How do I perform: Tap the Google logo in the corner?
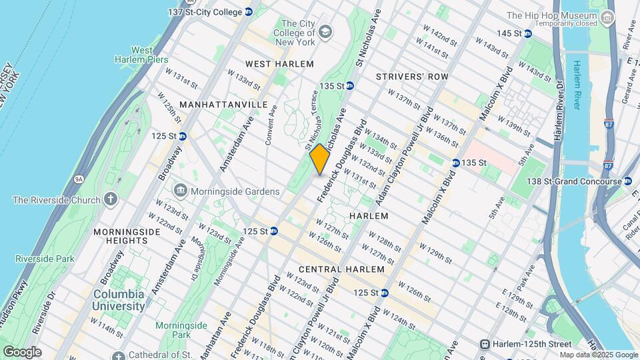tap(22, 352)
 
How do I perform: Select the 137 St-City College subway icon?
tap(248, 12)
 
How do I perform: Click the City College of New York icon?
tap(325, 31)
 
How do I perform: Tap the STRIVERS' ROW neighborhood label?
tap(412, 77)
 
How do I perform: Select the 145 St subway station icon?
tap(527, 33)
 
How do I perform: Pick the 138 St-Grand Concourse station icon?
tap(627, 181)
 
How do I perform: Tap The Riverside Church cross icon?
tap(110, 199)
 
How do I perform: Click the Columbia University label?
tap(119, 300)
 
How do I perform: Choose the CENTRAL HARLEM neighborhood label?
tap(341, 269)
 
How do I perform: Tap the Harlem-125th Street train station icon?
tap(485, 343)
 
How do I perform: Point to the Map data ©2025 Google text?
tap(597, 355)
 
